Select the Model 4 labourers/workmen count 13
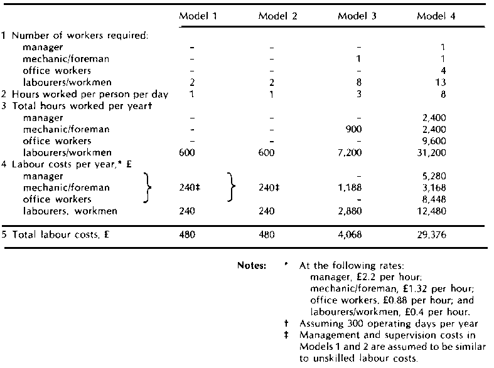439,82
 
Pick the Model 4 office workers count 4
443,70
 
